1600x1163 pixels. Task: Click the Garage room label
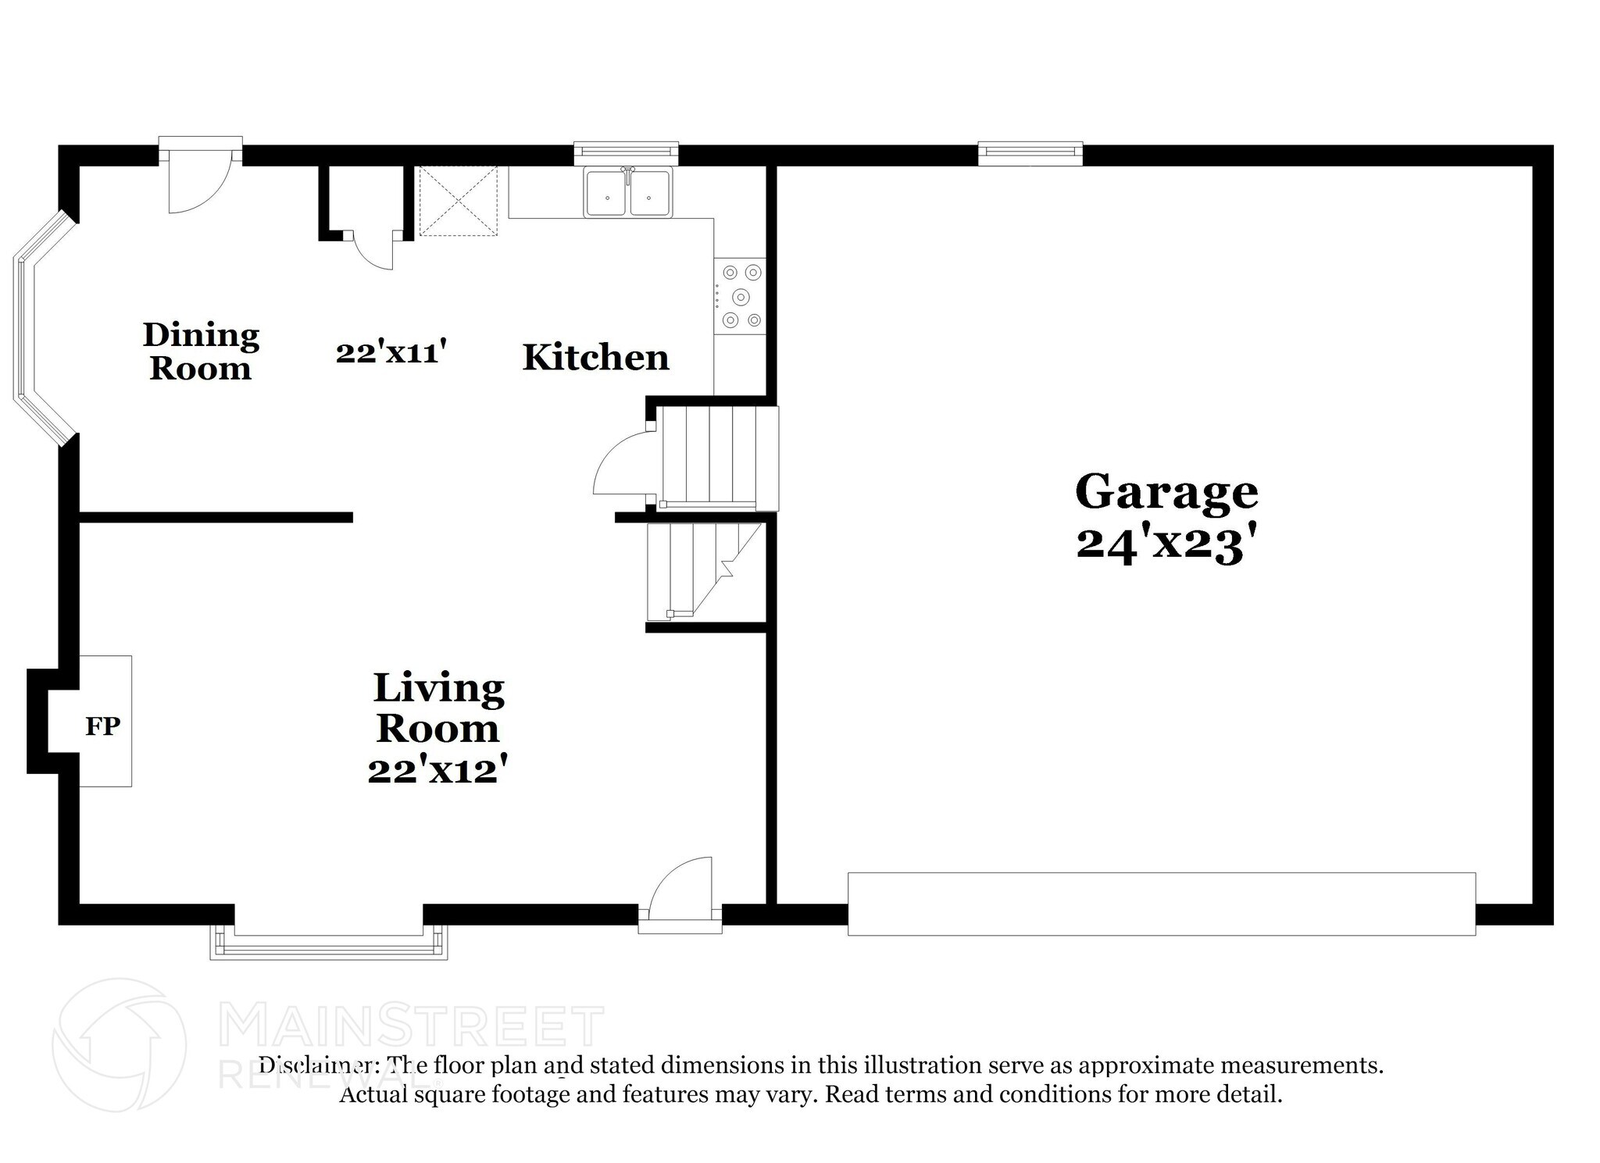click(x=1166, y=492)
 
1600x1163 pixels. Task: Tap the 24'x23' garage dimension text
click(x=1166, y=544)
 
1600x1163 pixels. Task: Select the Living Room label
click(x=437, y=708)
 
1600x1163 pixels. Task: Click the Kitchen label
click(x=595, y=358)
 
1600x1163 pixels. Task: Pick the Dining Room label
click(x=201, y=351)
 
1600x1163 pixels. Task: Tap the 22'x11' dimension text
click(x=391, y=352)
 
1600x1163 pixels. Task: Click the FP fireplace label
click(x=102, y=726)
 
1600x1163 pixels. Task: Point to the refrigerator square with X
click(x=459, y=200)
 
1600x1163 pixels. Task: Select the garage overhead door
click(x=1161, y=904)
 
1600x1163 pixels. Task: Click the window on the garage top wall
click(x=1030, y=153)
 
